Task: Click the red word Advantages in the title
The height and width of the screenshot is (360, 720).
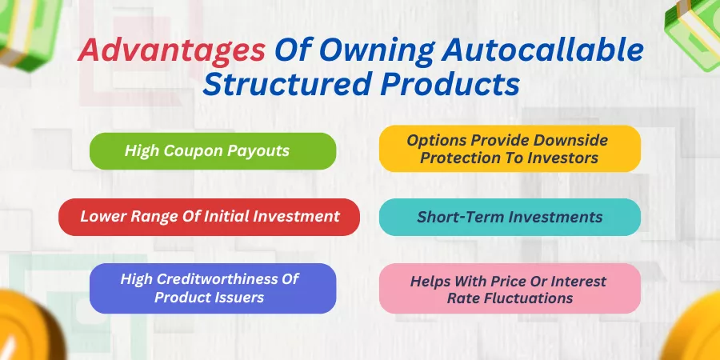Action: pyautogui.click(x=172, y=52)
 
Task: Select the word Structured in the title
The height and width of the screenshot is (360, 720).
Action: pyautogui.click(x=287, y=85)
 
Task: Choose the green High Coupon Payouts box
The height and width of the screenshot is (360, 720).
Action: pyautogui.click(x=213, y=151)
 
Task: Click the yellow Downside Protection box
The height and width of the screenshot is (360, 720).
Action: pyautogui.click(x=510, y=149)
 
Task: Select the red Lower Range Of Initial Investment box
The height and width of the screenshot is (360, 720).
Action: pyautogui.click(x=210, y=217)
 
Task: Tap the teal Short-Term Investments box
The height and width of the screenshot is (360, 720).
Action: pyautogui.click(x=510, y=217)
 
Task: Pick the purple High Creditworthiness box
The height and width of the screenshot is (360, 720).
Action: pyautogui.click(x=213, y=288)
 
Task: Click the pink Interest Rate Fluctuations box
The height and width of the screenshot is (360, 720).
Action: pyautogui.click(x=510, y=288)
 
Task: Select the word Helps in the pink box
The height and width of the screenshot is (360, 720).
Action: pyautogui.click(x=430, y=282)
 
